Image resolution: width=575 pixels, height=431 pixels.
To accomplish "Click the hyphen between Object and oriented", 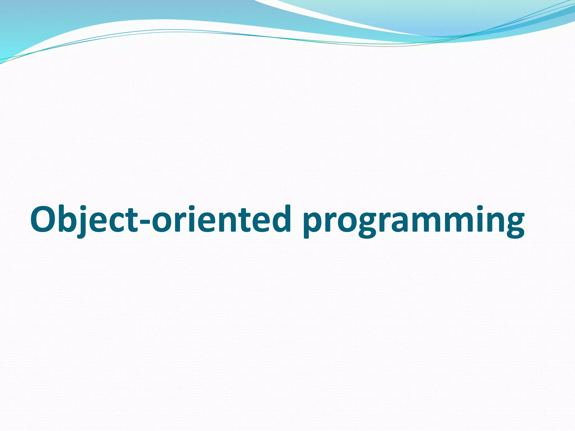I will pyautogui.click(x=145, y=222).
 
